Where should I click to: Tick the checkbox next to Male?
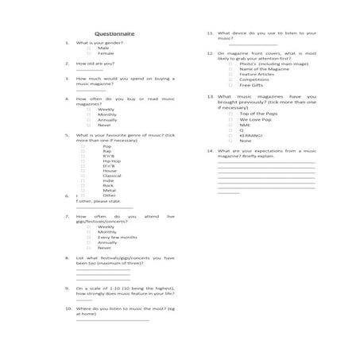[88, 48]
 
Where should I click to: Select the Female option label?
[106, 53]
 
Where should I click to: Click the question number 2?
[67, 63]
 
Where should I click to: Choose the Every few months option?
[117, 237]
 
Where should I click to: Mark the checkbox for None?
[230, 141]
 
